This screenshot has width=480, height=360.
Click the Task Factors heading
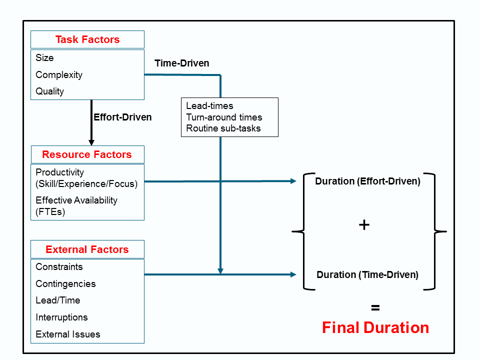87,39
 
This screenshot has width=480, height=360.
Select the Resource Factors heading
87,154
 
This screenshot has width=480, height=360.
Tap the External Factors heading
87,249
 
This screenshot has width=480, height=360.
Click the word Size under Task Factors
44,58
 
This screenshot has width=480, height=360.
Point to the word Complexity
59,75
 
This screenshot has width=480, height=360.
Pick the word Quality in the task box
50,91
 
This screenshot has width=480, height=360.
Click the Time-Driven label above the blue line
182,63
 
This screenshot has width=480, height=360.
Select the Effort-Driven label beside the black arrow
122,117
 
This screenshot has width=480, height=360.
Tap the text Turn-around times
224,117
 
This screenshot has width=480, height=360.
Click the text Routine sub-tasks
223,128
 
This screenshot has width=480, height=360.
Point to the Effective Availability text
76,200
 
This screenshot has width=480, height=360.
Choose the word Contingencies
65,284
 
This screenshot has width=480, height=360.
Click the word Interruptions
61,317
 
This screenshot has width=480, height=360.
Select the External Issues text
68,334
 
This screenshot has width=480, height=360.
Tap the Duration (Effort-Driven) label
367,181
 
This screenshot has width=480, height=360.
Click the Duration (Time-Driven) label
367,275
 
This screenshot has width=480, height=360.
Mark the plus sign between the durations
364,225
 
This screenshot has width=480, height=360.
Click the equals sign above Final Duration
375,308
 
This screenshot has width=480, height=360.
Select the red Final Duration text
375,328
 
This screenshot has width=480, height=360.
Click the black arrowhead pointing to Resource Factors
91,142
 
